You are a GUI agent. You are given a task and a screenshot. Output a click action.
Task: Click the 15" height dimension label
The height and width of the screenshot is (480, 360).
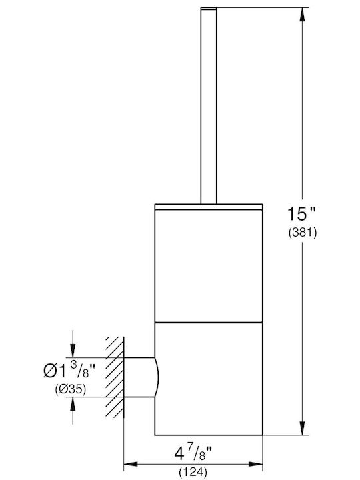point(301,213)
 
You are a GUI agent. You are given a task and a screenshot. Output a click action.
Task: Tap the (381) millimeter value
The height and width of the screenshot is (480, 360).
point(303,233)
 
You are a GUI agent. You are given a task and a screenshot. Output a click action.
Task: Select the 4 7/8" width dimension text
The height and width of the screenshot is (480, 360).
point(193,453)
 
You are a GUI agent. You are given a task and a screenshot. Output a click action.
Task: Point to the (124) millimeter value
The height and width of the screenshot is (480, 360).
point(193,472)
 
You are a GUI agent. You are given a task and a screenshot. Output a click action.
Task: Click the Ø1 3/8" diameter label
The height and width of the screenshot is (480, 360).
point(69,369)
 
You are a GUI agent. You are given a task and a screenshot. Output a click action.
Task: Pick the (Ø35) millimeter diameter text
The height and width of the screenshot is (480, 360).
point(71,389)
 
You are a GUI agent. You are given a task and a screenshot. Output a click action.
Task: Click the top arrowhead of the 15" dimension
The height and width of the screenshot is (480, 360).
point(303,15)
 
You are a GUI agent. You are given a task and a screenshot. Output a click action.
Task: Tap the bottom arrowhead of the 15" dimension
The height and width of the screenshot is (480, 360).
point(303,428)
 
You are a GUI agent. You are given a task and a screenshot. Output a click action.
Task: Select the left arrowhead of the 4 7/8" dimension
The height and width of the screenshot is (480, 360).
point(131,465)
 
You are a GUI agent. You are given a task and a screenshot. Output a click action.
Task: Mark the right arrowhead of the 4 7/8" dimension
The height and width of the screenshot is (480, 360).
point(255,465)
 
